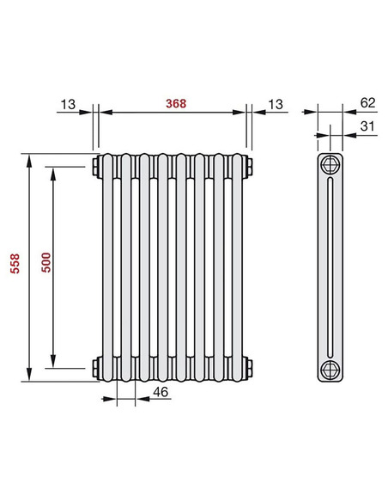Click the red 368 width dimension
click(175, 103)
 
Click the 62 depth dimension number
click(367, 102)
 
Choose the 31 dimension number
click(367, 127)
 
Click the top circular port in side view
click(330, 166)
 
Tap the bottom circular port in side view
click(330, 370)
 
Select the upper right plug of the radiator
click(248, 163)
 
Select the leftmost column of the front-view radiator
click(106, 266)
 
